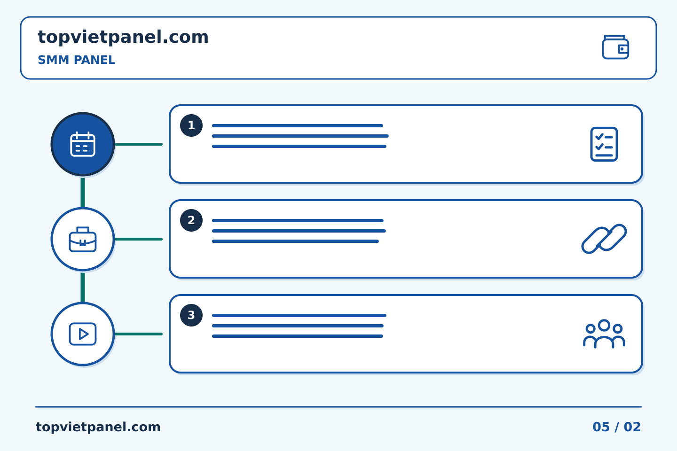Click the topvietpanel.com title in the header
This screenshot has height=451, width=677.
pyautogui.click(x=123, y=38)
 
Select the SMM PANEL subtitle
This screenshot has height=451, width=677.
pyautogui.click(x=77, y=60)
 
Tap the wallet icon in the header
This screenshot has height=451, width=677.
pyautogui.click(x=615, y=47)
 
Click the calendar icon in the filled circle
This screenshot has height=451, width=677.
pyautogui.click(x=83, y=144)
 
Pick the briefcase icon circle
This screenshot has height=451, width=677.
pyautogui.click(x=83, y=239)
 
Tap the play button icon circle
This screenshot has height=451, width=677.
pyautogui.click(x=83, y=334)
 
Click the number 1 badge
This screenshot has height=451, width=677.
pyautogui.click(x=191, y=125)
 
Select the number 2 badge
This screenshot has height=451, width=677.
pyautogui.click(x=191, y=220)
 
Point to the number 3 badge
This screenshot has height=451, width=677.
pyautogui.click(x=191, y=315)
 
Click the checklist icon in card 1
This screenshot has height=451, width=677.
pyautogui.click(x=604, y=144)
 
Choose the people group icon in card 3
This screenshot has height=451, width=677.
pyautogui.click(x=604, y=334)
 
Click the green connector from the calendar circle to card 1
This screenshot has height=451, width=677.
pyautogui.click(x=139, y=144)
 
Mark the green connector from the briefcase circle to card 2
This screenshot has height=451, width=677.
pyautogui.click(x=139, y=239)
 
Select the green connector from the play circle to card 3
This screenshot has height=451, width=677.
pyautogui.click(x=139, y=334)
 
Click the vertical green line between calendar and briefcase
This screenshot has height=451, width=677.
pyautogui.click(x=83, y=193)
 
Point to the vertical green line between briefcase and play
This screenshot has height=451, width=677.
pyautogui.click(x=83, y=287)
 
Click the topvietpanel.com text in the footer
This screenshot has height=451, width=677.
pyautogui.click(x=98, y=427)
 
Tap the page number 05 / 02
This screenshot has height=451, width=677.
pyautogui.click(x=616, y=427)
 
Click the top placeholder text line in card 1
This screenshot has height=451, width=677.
pyautogui.click(x=298, y=125)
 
